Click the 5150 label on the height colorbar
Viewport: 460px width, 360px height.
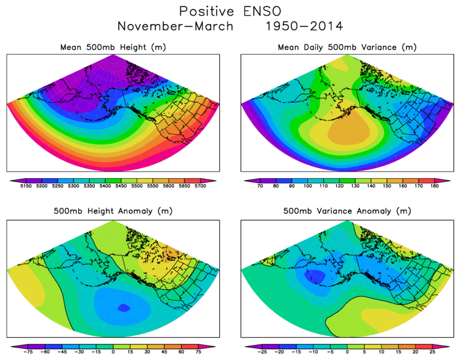[x=25, y=187]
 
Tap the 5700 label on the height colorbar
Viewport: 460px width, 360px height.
[x=200, y=187]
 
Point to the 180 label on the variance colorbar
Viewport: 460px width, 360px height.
[x=434, y=187]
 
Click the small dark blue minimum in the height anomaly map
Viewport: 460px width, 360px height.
[x=123, y=308]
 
